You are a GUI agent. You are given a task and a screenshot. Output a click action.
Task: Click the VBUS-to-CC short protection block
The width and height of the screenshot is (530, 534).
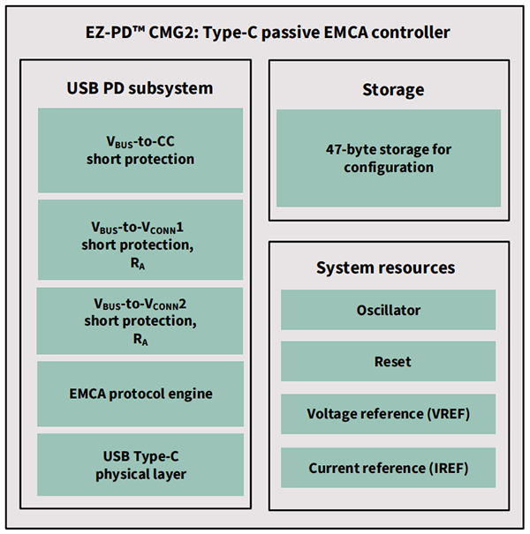click(x=140, y=150)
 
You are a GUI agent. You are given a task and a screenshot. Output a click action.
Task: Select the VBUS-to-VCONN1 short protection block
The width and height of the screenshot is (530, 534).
click(x=140, y=239)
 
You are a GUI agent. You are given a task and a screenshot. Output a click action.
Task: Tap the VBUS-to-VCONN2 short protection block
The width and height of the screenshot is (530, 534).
click(x=140, y=320)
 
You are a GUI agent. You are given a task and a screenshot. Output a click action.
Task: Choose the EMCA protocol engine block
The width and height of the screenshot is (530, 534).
click(x=140, y=393)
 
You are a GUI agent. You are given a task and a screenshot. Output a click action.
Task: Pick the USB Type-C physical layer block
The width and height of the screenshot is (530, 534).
click(x=140, y=464)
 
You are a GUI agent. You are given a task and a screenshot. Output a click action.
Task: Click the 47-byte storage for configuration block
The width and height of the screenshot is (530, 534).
click(x=389, y=158)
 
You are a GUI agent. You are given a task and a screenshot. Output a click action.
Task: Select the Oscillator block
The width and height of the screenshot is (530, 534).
click(x=389, y=310)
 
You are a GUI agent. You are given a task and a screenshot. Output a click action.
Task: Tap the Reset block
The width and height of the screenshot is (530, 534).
click(x=389, y=361)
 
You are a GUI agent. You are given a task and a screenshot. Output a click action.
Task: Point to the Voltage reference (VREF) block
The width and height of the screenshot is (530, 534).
click(x=389, y=413)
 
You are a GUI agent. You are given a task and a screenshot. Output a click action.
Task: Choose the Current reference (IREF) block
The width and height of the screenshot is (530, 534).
click(x=389, y=467)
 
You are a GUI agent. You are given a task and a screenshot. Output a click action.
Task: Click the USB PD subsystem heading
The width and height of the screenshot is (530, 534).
click(x=140, y=88)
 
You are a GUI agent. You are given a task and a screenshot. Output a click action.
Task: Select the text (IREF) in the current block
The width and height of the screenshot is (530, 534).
click(x=446, y=467)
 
